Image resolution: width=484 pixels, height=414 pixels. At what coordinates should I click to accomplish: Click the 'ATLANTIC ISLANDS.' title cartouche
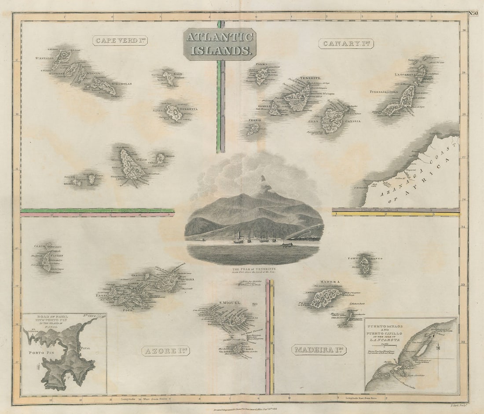220,44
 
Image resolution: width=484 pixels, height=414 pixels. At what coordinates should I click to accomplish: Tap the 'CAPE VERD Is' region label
120,41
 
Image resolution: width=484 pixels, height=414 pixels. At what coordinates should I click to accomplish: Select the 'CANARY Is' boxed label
346,43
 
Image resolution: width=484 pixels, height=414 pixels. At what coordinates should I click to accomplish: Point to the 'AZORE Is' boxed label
165,350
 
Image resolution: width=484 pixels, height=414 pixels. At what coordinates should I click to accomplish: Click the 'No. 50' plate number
473,13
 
